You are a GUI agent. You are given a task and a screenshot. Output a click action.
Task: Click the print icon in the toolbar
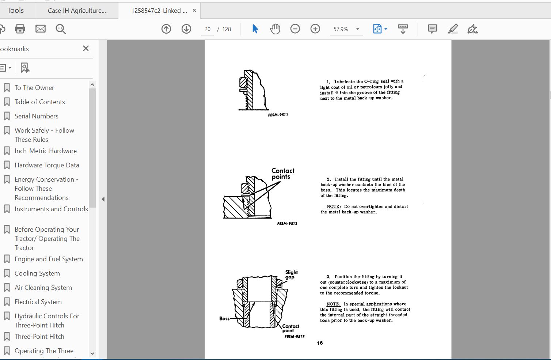tap(20, 29)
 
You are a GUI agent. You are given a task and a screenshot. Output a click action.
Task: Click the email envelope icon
tap(41, 29)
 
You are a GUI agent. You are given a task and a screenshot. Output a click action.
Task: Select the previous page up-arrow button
tap(166, 29)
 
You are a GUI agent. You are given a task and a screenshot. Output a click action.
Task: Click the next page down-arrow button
tap(186, 29)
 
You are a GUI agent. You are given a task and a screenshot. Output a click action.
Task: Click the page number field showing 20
tap(208, 29)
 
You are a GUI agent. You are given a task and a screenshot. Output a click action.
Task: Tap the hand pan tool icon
tap(275, 29)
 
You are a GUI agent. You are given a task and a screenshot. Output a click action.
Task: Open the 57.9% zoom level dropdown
tap(357, 29)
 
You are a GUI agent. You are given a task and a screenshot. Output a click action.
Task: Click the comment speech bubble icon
tap(432, 29)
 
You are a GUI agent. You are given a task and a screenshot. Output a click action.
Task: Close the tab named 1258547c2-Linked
tap(194, 10)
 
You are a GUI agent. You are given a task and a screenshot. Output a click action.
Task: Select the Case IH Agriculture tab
tap(77, 11)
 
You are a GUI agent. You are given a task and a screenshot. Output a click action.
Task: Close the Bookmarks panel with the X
tap(86, 48)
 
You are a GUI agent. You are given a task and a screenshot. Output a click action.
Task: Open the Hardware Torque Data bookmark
tap(47, 165)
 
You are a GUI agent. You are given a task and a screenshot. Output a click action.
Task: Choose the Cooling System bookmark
tap(37, 273)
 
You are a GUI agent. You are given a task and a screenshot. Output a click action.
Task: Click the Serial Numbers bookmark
tap(36, 116)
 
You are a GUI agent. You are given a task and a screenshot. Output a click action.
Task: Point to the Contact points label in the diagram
tap(282, 174)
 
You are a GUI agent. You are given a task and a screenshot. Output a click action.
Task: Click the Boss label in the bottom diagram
tap(224, 318)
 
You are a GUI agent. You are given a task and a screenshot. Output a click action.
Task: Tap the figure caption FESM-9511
tap(278, 115)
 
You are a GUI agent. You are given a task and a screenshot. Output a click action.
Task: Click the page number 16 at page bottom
tap(320, 343)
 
